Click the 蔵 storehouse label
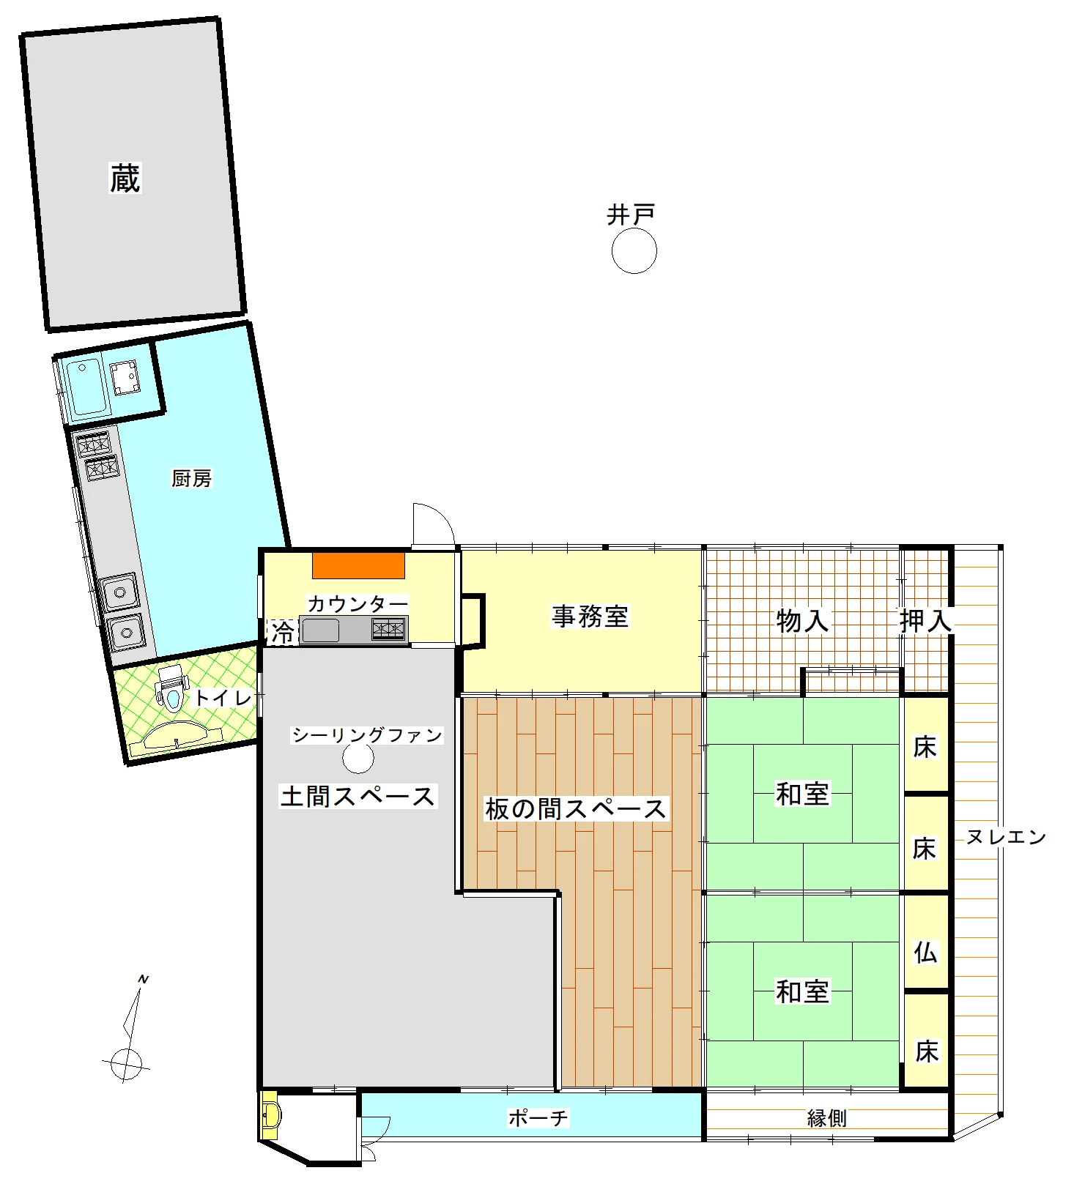125,178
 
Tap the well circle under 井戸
634,251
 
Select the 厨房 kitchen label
191,478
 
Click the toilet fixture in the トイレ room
171,688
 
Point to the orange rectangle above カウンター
359,565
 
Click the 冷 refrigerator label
283,632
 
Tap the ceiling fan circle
358,759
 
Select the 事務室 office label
590,616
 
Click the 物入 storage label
802,621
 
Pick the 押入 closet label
926,621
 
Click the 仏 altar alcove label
925,952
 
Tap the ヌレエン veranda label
1006,837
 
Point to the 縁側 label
827,1118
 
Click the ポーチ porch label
538,1118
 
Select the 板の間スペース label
576,809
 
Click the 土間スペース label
358,796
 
